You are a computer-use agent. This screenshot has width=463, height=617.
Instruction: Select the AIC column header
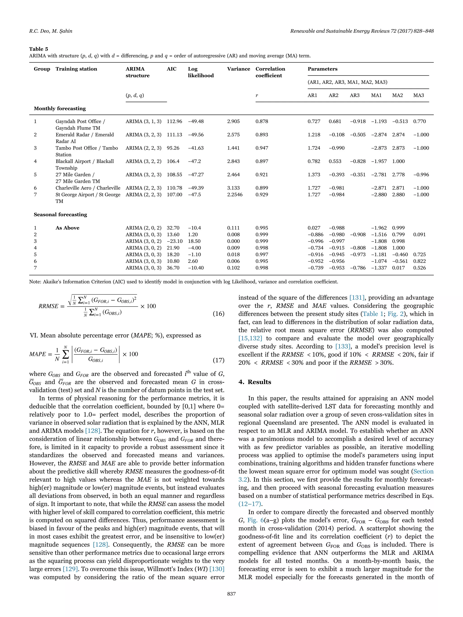point(171,69)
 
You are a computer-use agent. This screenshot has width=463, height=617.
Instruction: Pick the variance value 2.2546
point(235,195)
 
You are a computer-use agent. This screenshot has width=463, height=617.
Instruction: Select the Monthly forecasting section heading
point(60,108)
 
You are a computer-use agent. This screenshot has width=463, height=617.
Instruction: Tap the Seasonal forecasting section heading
point(60,214)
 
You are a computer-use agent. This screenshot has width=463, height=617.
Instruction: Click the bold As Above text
point(67,228)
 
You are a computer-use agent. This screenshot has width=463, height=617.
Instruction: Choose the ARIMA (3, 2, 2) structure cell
point(143,161)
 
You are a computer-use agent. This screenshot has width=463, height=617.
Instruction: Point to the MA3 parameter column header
point(418,95)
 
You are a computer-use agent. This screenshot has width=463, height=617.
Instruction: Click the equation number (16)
point(218,314)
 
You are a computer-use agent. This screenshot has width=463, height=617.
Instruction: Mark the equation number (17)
point(218,360)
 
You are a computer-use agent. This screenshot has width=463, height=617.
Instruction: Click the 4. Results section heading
point(255,382)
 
